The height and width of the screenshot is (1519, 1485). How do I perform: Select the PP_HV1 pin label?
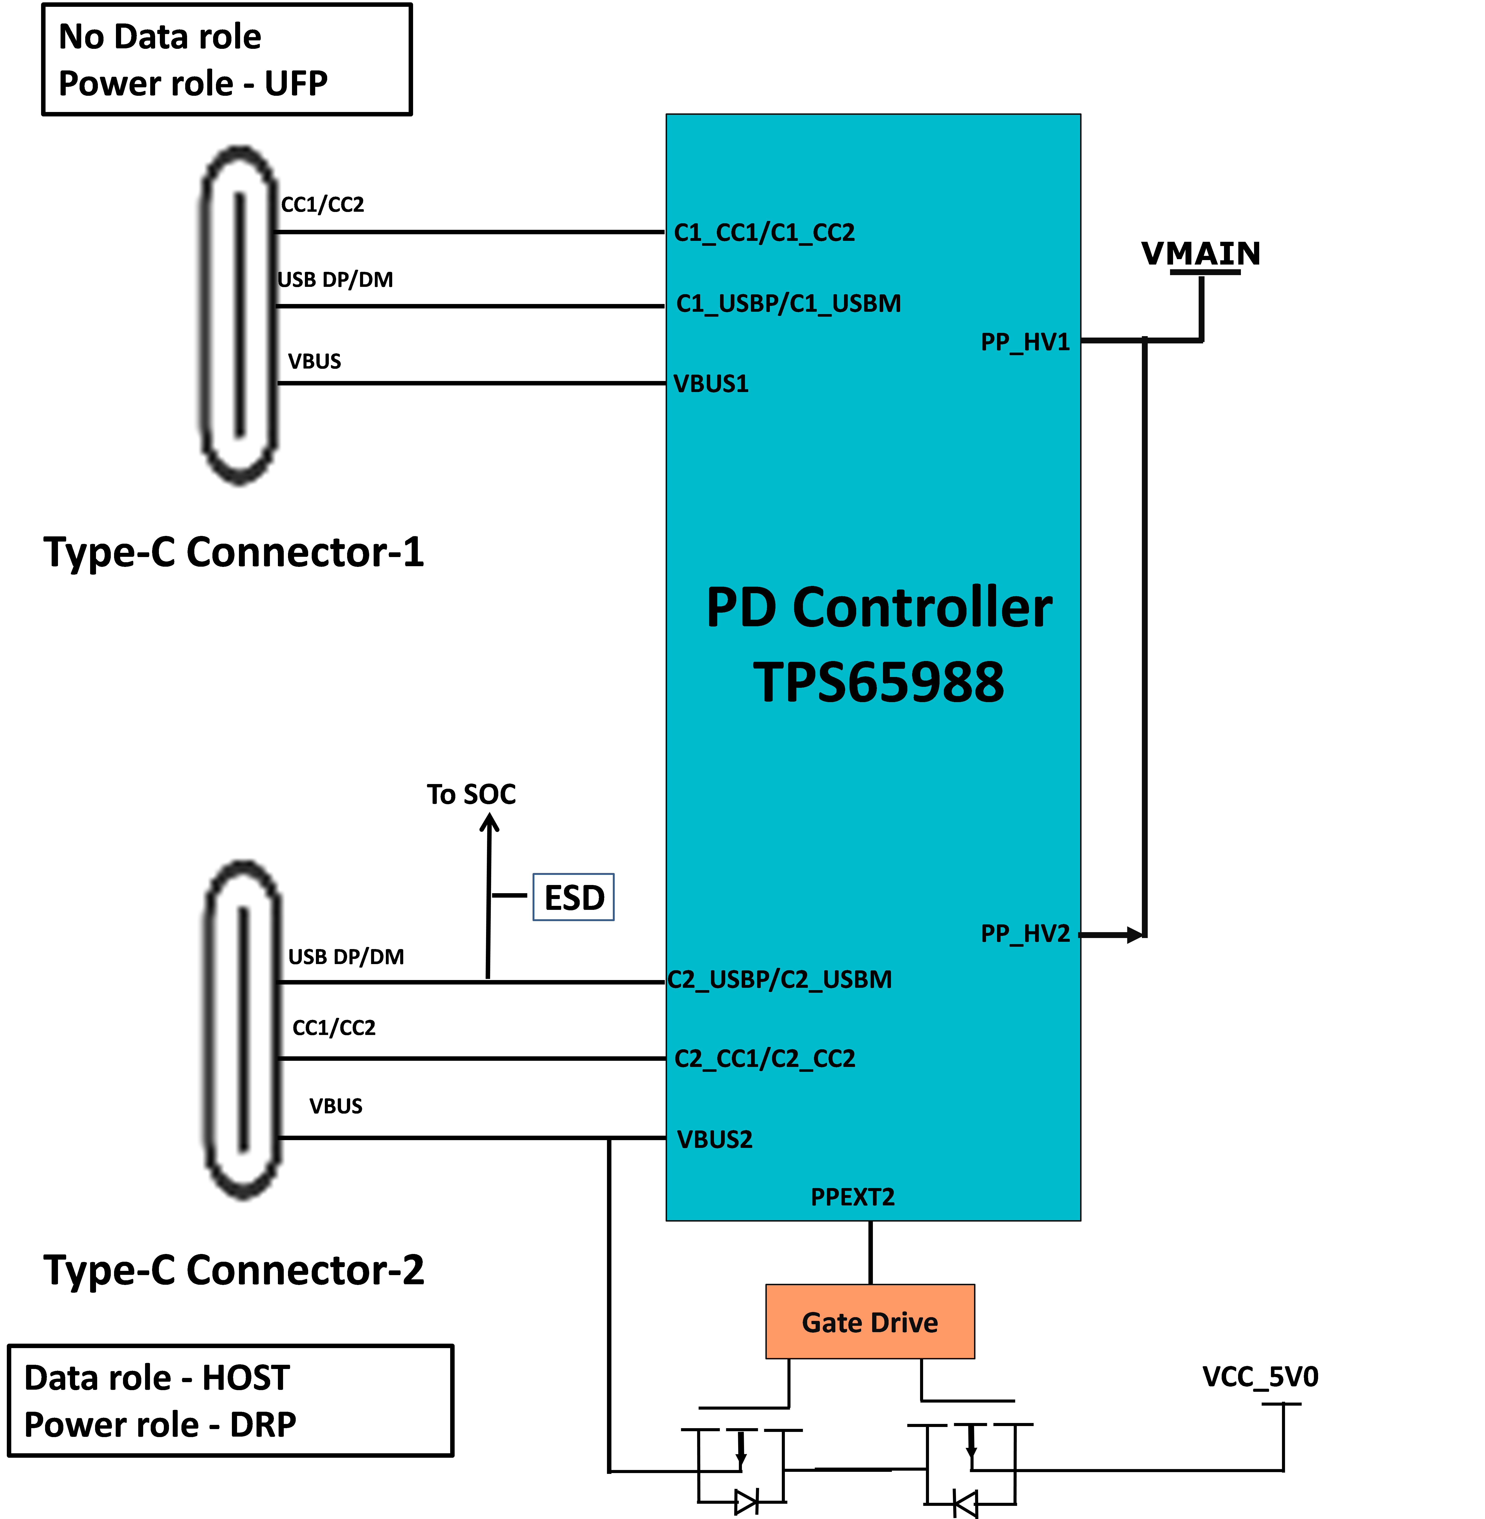(1025, 342)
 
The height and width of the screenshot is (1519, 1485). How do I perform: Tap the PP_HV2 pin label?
(1025, 933)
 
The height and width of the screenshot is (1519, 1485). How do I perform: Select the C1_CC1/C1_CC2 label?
(764, 232)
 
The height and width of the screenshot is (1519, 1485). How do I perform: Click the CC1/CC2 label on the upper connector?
(322, 204)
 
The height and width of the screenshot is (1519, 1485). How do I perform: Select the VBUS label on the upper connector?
(314, 361)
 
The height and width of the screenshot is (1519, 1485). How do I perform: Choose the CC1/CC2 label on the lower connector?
(334, 1027)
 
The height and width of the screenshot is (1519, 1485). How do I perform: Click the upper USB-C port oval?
(239, 314)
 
